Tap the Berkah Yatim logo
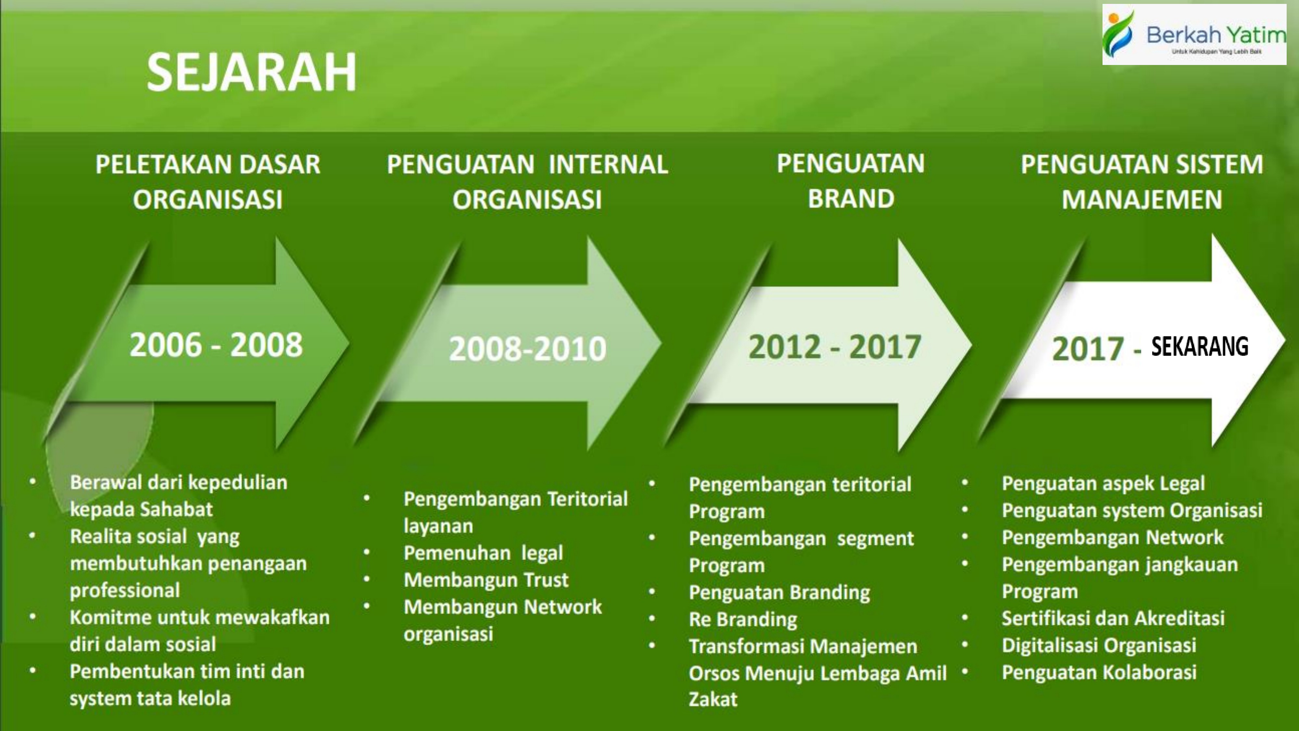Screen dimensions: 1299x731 (x=1194, y=34)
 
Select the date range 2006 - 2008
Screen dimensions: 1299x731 (x=216, y=345)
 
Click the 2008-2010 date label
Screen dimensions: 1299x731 (x=527, y=349)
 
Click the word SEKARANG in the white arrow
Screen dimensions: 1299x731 (x=1200, y=347)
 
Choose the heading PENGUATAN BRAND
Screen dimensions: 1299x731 (x=851, y=181)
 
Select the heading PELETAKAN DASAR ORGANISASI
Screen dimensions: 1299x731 (x=208, y=182)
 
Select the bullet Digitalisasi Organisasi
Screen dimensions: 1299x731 (x=1099, y=645)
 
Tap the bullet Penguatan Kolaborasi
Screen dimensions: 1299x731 (x=1099, y=673)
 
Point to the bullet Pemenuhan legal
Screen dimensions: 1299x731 (x=483, y=553)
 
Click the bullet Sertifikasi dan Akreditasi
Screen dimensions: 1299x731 (x=1113, y=619)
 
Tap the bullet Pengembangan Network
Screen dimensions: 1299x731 (x=1112, y=538)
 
